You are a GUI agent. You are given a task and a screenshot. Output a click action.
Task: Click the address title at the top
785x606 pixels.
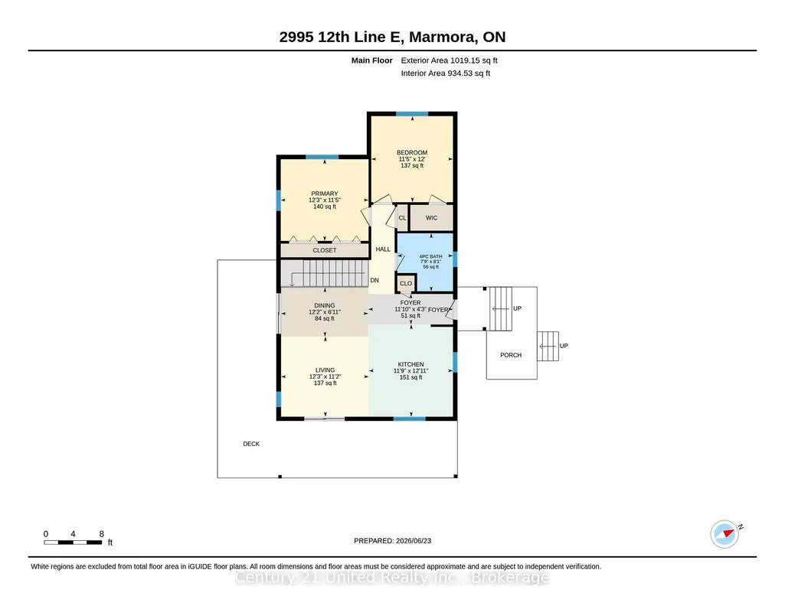point(392,37)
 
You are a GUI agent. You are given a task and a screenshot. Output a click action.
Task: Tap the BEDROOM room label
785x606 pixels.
point(412,152)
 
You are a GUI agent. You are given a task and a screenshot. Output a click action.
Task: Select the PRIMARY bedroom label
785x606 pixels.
point(325,194)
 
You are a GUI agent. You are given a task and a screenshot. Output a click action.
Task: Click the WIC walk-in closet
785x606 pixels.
point(431,218)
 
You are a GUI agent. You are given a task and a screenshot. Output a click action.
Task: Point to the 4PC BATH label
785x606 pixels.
point(430,256)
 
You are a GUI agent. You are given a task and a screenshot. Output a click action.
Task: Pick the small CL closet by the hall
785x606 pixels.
point(403,218)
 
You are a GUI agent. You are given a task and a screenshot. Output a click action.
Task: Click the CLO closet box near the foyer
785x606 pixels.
point(406,284)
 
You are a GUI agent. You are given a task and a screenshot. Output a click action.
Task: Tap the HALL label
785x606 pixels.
point(383,249)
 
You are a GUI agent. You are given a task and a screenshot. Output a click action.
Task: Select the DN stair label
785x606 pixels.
point(375,281)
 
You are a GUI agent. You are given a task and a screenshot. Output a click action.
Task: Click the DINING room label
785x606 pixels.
point(325,305)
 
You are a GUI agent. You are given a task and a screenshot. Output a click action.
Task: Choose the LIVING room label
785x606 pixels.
point(325,370)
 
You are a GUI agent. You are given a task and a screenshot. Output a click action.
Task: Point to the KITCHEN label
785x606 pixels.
point(410,364)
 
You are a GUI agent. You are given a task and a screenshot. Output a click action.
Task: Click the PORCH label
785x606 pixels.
point(511,355)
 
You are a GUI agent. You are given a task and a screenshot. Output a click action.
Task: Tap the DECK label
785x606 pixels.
point(251,444)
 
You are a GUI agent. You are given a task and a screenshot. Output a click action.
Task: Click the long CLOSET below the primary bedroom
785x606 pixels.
point(325,250)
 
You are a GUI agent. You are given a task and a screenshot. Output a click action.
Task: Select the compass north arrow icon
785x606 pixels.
point(725,534)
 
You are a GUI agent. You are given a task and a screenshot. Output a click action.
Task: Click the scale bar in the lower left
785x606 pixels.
point(73,542)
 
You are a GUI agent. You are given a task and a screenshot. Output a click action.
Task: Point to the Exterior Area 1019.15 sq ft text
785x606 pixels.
point(449,60)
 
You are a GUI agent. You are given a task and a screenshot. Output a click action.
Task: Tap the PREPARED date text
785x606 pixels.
point(392,540)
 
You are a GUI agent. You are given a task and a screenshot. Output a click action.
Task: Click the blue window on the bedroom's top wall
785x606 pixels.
point(412,114)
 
